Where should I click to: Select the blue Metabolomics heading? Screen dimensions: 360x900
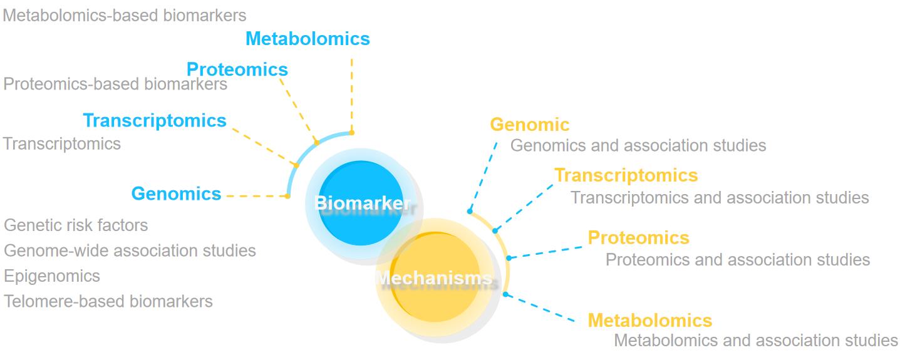pyautogui.click(x=308, y=39)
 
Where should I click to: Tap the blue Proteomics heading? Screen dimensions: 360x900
pyautogui.click(x=237, y=69)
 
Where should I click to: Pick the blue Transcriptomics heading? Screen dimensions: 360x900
pyautogui.click(x=155, y=120)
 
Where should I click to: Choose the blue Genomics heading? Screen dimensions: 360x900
pyautogui.click(x=176, y=194)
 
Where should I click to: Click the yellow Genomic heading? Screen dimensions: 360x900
pyautogui.click(x=530, y=125)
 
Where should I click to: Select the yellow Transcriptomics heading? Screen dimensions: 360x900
pyautogui.click(x=626, y=175)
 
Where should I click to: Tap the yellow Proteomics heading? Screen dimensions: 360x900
pyautogui.click(x=638, y=238)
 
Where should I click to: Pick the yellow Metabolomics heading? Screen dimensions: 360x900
pyautogui.click(x=649, y=321)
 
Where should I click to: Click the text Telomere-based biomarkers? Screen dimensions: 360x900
pyautogui.click(x=108, y=301)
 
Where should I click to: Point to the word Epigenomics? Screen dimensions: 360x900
pyautogui.click(x=52, y=276)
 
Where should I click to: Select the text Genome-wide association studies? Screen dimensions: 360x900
pyautogui.click(x=130, y=250)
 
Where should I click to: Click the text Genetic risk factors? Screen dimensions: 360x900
pyautogui.click(x=76, y=225)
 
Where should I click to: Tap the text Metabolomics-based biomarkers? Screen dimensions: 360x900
pyautogui.click(x=125, y=15)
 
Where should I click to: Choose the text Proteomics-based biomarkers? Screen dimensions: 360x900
pyautogui.click(x=115, y=84)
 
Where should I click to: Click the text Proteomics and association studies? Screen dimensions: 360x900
pyautogui.click(x=737, y=259)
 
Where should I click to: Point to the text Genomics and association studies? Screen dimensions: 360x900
pyautogui.click(x=638, y=145)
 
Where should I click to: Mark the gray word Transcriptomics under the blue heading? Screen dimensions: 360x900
pyautogui.click(x=62, y=144)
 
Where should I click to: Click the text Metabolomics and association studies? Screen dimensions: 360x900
pyautogui.click(x=755, y=341)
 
